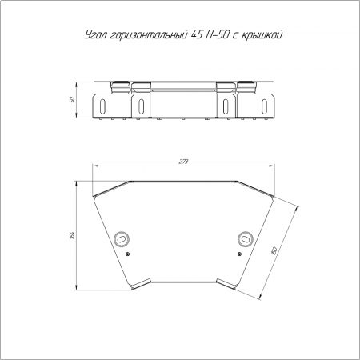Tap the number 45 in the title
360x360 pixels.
pos(197,35)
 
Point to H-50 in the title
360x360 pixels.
pos(217,35)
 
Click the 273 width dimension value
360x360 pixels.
pos(183,162)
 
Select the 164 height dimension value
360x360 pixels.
pos(73,235)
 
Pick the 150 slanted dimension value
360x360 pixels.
pos(274,250)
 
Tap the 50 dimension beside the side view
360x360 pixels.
pos(72,100)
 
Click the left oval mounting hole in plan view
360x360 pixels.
pos(122,238)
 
